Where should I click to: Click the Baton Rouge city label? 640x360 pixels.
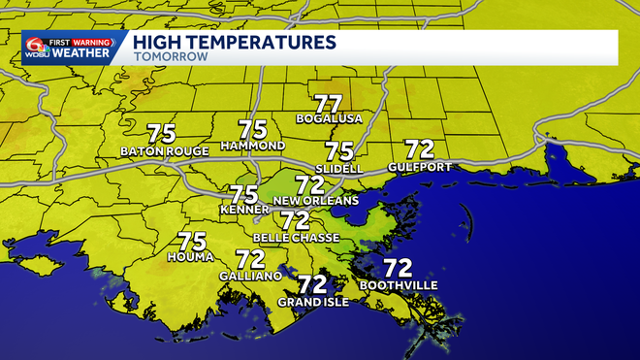coord(160,151)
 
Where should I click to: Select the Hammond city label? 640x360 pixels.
coord(252,146)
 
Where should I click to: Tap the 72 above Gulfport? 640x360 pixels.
coord(419,149)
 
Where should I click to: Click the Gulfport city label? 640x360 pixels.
coord(419,167)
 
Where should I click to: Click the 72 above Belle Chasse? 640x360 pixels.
coord(295,220)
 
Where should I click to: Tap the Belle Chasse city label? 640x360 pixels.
coord(296,238)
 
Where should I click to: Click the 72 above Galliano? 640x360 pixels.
coord(250,259)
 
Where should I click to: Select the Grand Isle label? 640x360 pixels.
coord(312,302)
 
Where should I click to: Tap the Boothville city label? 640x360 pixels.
coord(399,285)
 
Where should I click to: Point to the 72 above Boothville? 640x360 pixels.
coord(398,268)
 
